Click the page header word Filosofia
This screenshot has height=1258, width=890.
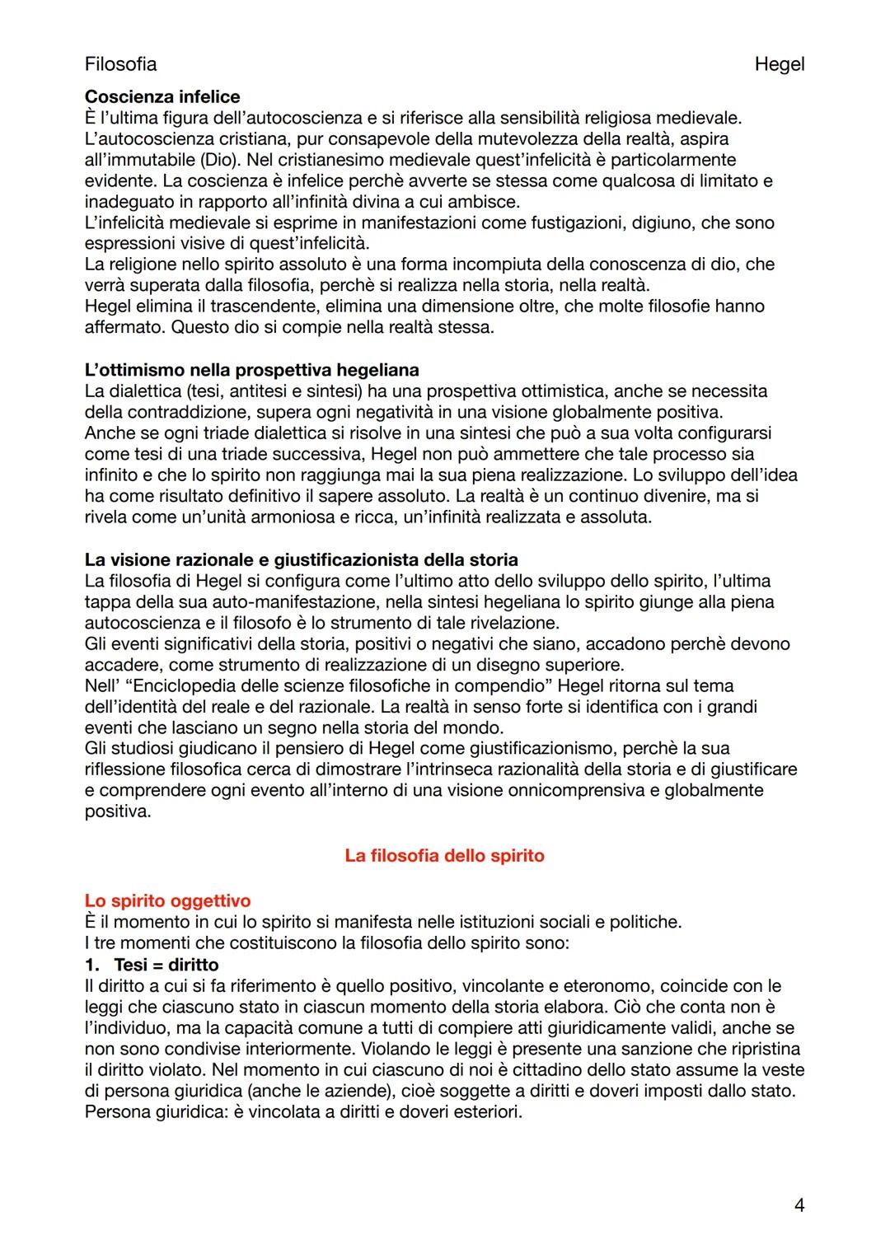click(x=120, y=64)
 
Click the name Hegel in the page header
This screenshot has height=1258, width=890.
click(x=779, y=64)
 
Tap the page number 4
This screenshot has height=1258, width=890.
click(x=799, y=1205)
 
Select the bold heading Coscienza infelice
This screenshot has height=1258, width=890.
click(x=162, y=97)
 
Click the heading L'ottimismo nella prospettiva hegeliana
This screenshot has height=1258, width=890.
click(x=251, y=370)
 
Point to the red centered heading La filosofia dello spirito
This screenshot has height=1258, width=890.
click(x=444, y=855)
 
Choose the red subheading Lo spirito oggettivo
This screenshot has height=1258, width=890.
click(x=167, y=901)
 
